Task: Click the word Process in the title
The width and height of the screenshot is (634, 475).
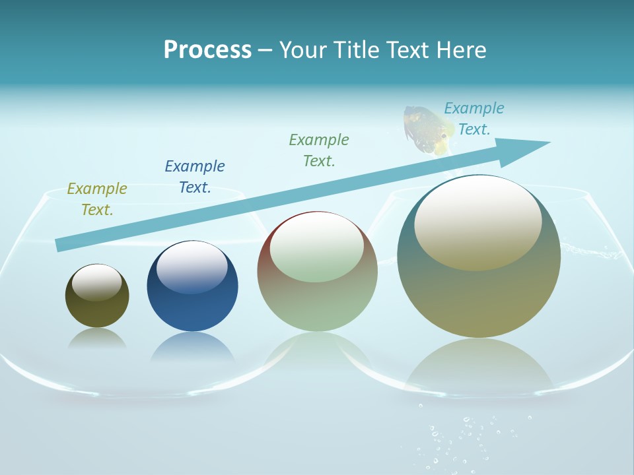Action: click(207, 50)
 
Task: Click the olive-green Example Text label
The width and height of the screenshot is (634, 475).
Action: click(97, 199)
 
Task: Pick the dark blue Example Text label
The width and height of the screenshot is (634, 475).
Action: click(195, 177)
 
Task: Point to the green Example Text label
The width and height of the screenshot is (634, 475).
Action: click(319, 150)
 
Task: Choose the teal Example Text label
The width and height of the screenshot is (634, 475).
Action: click(474, 119)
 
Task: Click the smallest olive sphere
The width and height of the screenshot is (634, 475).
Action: click(97, 296)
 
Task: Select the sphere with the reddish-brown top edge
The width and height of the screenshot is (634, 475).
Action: click(317, 272)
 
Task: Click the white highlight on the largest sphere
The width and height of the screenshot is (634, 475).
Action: click(478, 221)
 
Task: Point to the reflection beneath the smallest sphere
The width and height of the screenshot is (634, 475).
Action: click(97, 338)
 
